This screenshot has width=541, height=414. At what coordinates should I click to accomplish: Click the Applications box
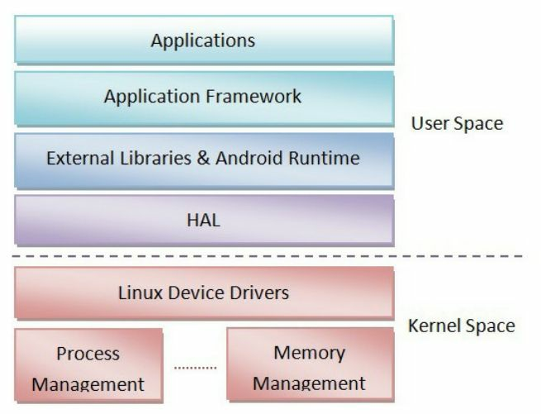pyautogui.click(x=203, y=40)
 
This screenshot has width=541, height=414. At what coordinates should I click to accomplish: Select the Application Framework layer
pyautogui.click(x=203, y=97)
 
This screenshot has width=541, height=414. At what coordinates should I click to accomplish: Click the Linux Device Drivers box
pyautogui.click(x=203, y=293)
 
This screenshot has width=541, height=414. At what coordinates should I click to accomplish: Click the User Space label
pyautogui.click(x=456, y=124)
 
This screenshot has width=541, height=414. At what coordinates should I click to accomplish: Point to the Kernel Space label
pyautogui.click(x=461, y=326)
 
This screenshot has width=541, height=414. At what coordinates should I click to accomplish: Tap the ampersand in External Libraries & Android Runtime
pyautogui.click(x=204, y=156)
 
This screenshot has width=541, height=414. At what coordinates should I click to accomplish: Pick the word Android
pyautogui.click(x=255, y=156)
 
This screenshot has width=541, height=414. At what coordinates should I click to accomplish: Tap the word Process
pyautogui.click(x=88, y=354)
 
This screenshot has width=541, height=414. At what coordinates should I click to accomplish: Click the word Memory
pyautogui.click(x=308, y=353)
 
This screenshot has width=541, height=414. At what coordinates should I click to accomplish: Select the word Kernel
pyautogui.click(x=434, y=326)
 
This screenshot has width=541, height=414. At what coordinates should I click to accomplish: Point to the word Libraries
pyautogui.click(x=152, y=156)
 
